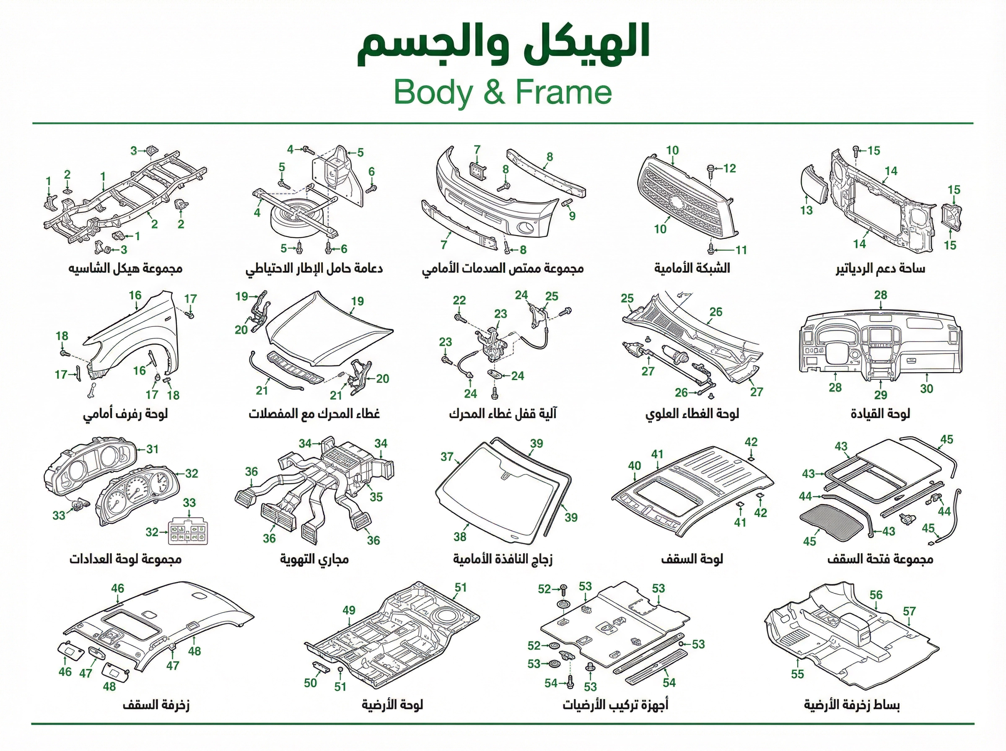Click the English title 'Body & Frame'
(502, 93)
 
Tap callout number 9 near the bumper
(572, 216)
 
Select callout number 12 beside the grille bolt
(729, 168)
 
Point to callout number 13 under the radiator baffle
(806, 210)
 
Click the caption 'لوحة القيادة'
(880, 413)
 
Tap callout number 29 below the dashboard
(881, 395)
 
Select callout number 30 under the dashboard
(926, 388)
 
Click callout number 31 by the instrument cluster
(152, 449)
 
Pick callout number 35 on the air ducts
(376, 497)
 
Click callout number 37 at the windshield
(447, 456)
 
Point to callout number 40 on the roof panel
(635, 466)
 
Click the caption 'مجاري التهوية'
(314, 559)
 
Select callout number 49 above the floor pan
(349, 610)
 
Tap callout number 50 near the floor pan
(311, 683)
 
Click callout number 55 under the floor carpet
(797, 674)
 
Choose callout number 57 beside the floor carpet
(909, 611)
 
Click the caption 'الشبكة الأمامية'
(692, 268)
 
